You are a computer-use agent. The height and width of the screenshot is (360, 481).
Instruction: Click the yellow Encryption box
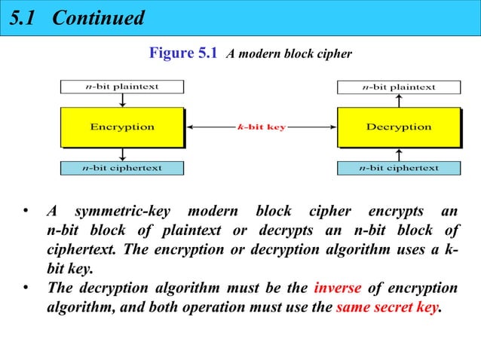tap(121, 127)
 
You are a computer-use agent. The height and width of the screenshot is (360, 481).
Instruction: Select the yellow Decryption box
tap(398, 127)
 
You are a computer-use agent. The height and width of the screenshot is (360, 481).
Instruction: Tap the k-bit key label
tap(261, 127)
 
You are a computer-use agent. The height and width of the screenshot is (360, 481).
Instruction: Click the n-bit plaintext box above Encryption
tap(121, 87)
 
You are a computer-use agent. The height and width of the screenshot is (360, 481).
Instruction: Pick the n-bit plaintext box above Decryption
tap(398, 87)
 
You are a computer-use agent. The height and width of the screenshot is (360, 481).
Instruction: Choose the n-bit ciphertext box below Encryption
tap(121, 167)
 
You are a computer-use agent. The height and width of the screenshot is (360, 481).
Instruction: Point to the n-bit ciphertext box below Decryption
tap(398, 167)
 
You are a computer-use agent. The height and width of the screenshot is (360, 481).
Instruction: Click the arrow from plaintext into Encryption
tap(121, 100)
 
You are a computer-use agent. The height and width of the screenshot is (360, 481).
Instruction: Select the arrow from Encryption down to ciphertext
tap(121, 154)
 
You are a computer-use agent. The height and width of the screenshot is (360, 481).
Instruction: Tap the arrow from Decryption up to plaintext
tap(398, 100)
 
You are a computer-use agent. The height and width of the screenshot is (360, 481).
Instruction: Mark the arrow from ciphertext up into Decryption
tap(398, 154)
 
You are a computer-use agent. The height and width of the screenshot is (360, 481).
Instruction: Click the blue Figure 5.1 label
tap(184, 53)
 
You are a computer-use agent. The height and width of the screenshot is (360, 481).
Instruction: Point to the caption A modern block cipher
tap(290, 54)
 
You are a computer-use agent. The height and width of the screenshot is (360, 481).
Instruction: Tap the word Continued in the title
tap(98, 18)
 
